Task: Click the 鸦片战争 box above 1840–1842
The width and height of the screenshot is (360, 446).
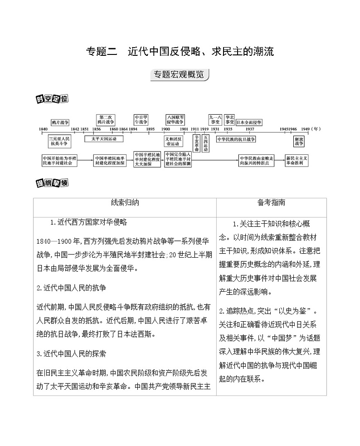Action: (x=60, y=122)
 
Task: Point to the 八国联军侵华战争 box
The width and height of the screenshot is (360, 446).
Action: (x=175, y=119)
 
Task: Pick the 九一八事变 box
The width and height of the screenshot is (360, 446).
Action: (x=214, y=119)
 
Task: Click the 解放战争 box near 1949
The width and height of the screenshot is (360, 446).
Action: (x=298, y=142)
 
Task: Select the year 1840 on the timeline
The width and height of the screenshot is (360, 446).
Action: (x=44, y=129)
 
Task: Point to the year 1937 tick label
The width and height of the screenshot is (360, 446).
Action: (x=249, y=129)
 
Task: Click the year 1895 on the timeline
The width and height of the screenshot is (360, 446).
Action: (x=151, y=129)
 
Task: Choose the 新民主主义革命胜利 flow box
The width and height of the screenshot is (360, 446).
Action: (x=297, y=160)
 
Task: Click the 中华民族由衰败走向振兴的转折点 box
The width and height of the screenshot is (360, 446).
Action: (x=257, y=160)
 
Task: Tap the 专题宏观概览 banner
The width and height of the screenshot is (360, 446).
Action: (x=180, y=75)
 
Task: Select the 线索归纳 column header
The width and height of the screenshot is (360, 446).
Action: (x=125, y=203)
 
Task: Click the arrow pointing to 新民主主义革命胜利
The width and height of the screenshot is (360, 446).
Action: (x=279, y=160)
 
